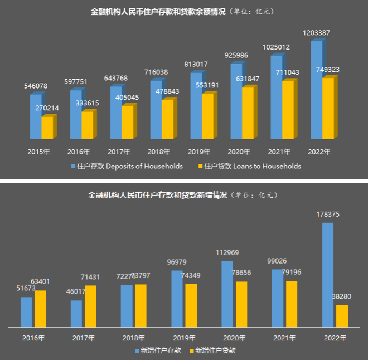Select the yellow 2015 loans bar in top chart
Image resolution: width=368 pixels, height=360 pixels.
(47, 128)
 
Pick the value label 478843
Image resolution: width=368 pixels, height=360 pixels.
(171, 91)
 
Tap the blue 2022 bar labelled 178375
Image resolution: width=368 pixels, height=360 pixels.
(328, 275)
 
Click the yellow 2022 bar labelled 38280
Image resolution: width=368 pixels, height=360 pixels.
(342, 316)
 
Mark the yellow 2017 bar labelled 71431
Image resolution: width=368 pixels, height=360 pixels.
(91, 306)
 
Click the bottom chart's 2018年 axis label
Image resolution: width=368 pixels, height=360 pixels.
(134, 338)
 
